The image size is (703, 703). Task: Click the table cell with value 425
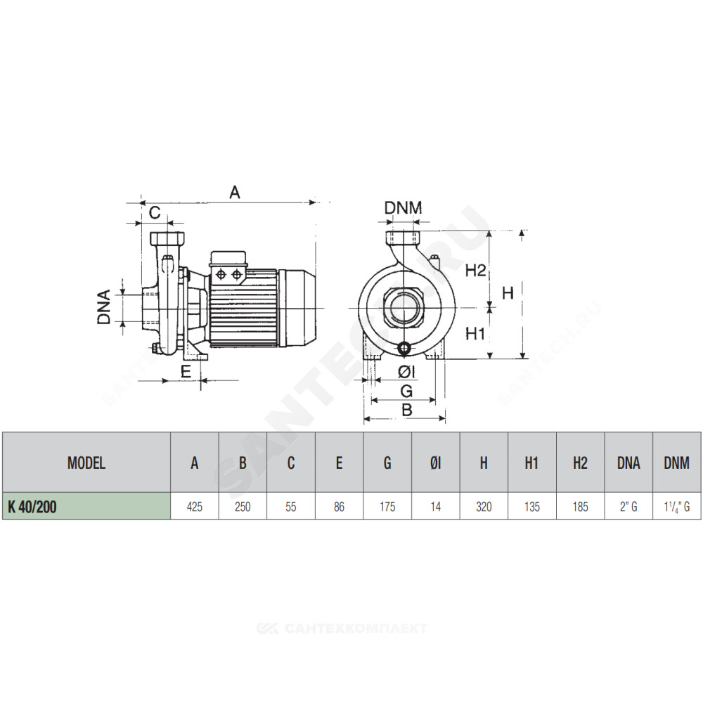pyautogui.click(x=195, y=507)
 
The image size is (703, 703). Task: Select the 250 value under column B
pyautogui.click(x=243, y=507)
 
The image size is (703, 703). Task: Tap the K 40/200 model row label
pyautogui.click(x=32, y=507)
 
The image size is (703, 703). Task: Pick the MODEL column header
pyautogui.click(x=86, y=463)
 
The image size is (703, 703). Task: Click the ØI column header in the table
pyautogui.click(x=436, y=463)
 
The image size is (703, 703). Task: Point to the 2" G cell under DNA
pyautogui.click(x=628, y=507)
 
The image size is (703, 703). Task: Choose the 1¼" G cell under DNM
pyautogui.click(x=677, y=507)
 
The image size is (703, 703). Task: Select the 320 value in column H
pyautogui.click(x=484, y=507)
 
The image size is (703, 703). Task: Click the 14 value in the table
pyautogui.click(x=436, y=507)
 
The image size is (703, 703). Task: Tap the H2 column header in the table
pyautogui.click(x=580, y=463)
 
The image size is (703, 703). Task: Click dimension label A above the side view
pyautogui.click(x=235, y=193)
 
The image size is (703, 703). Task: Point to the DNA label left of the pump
pyautogui.click(x=103, y=307)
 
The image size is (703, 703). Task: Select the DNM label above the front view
pyautogui.click(x=403, y=207)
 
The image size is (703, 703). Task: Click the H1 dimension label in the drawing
pyautogui.click(x=475, y=333)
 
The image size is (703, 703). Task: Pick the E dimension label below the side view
pyautogui.click(x=186, y=372)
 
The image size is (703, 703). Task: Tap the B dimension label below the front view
pyautogui.click(x=406, y=409)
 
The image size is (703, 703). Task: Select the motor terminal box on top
pyautogui.click(x=228, y=267)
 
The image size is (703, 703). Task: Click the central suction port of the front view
pyautogui.click(x=406, y=308)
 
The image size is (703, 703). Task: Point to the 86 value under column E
pyautogui.click(x=339, y=507)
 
